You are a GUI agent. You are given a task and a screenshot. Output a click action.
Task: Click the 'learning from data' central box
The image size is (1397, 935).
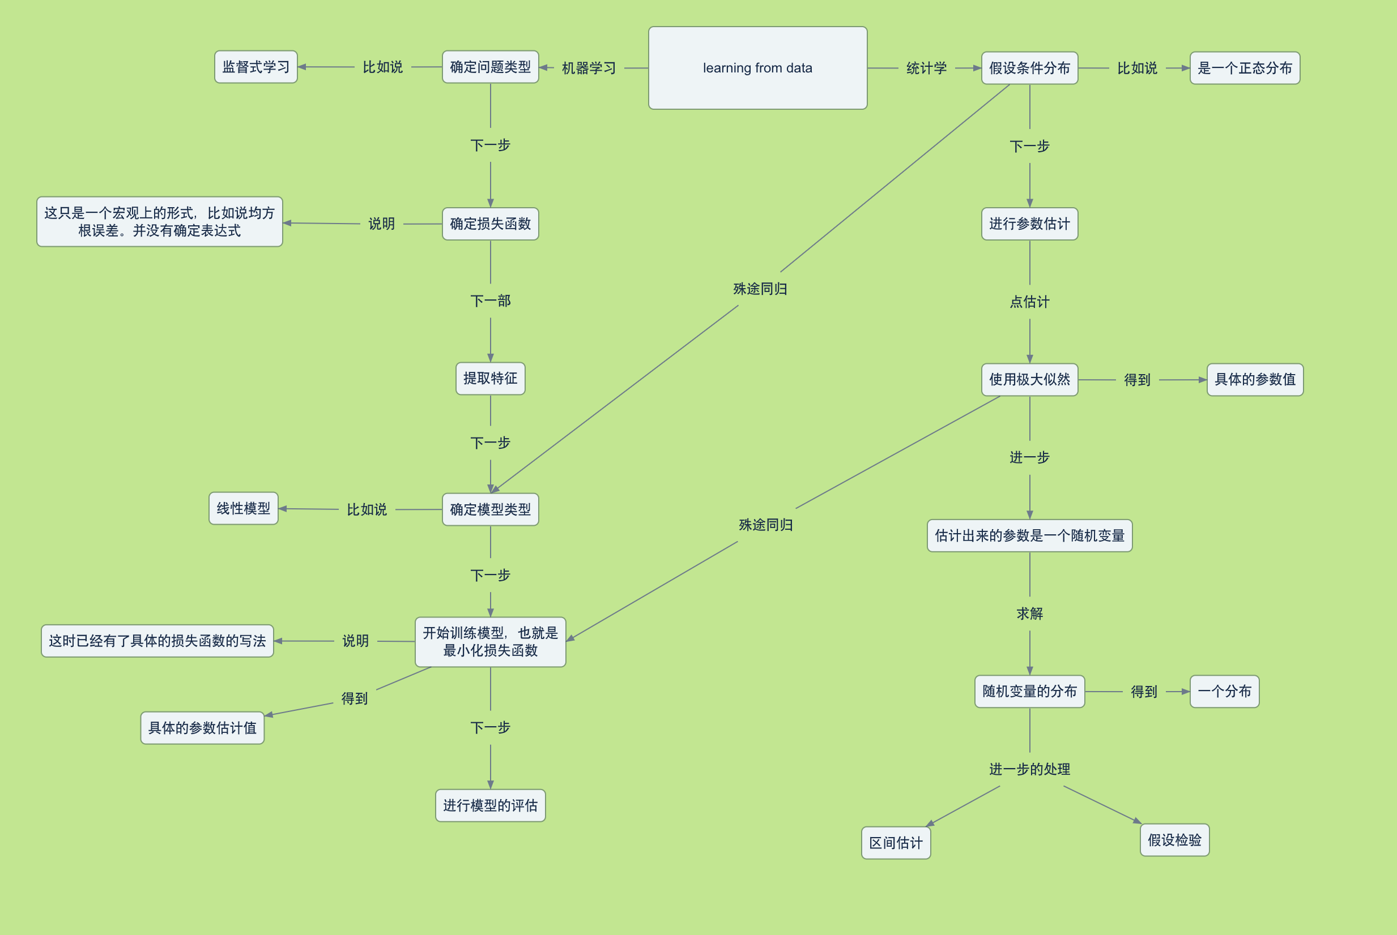(757, 68)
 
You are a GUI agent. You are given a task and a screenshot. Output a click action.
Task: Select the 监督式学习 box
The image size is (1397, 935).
(255, 67)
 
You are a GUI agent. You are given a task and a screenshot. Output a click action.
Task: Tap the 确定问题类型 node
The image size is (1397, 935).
(490, 67)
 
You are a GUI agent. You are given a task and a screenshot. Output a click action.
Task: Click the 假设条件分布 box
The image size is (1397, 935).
(1029, 68)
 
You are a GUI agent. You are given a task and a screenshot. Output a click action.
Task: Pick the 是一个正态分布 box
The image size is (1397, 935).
(1244, 68)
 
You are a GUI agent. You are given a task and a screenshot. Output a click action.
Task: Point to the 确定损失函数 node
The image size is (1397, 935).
(490, 224)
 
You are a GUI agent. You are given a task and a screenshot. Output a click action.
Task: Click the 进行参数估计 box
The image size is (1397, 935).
(1029, 224)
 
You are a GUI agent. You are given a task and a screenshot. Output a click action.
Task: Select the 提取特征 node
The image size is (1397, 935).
(490, 378)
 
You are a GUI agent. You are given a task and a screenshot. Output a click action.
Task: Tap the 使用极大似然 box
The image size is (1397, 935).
(1029, 379)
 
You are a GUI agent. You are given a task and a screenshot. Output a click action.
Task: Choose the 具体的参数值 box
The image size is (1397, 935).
(1254, 379)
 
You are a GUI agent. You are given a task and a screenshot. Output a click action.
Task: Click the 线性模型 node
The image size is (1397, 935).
(243, 508)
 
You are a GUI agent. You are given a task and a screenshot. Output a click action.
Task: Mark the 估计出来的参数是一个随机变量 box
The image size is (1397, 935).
(1029, 535)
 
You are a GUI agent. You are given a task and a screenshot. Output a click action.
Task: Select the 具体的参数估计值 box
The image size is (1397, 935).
(202, 727)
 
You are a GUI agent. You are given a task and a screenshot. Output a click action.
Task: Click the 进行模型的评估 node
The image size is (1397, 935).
(490, 805)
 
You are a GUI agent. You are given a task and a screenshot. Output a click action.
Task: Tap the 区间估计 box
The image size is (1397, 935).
(896, 843)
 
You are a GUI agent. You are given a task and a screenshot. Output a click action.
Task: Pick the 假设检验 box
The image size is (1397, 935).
(1174, 839)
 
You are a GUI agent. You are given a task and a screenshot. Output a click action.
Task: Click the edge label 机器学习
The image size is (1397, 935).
(589, 68)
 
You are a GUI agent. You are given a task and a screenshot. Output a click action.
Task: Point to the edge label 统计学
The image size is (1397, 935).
(926, 68)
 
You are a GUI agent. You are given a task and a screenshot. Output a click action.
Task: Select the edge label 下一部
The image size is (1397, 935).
(490, 301)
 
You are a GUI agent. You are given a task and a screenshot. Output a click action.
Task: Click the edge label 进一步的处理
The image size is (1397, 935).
(1029, 769)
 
